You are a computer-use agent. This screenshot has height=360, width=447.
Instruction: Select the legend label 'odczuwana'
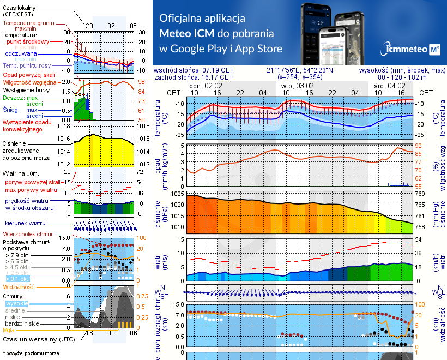click(x=21, y=54)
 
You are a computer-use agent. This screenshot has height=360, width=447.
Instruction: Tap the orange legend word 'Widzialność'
click(x=19, y=286)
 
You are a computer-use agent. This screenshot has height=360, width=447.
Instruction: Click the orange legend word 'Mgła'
click(x=9, y=330)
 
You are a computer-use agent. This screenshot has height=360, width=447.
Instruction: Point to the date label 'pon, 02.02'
click(x=206, y=86)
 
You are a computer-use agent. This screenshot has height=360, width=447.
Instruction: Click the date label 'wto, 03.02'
click(x=298, y=86)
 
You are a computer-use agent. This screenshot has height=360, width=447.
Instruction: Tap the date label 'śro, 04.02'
click(x=389, y=86)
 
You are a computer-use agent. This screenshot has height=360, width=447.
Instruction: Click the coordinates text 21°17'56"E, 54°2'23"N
click(x=299, y=70)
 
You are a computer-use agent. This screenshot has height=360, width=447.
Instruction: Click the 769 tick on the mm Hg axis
click(x=420, y=194)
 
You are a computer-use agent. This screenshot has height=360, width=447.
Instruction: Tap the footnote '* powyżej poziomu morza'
click(x=30, y=353)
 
